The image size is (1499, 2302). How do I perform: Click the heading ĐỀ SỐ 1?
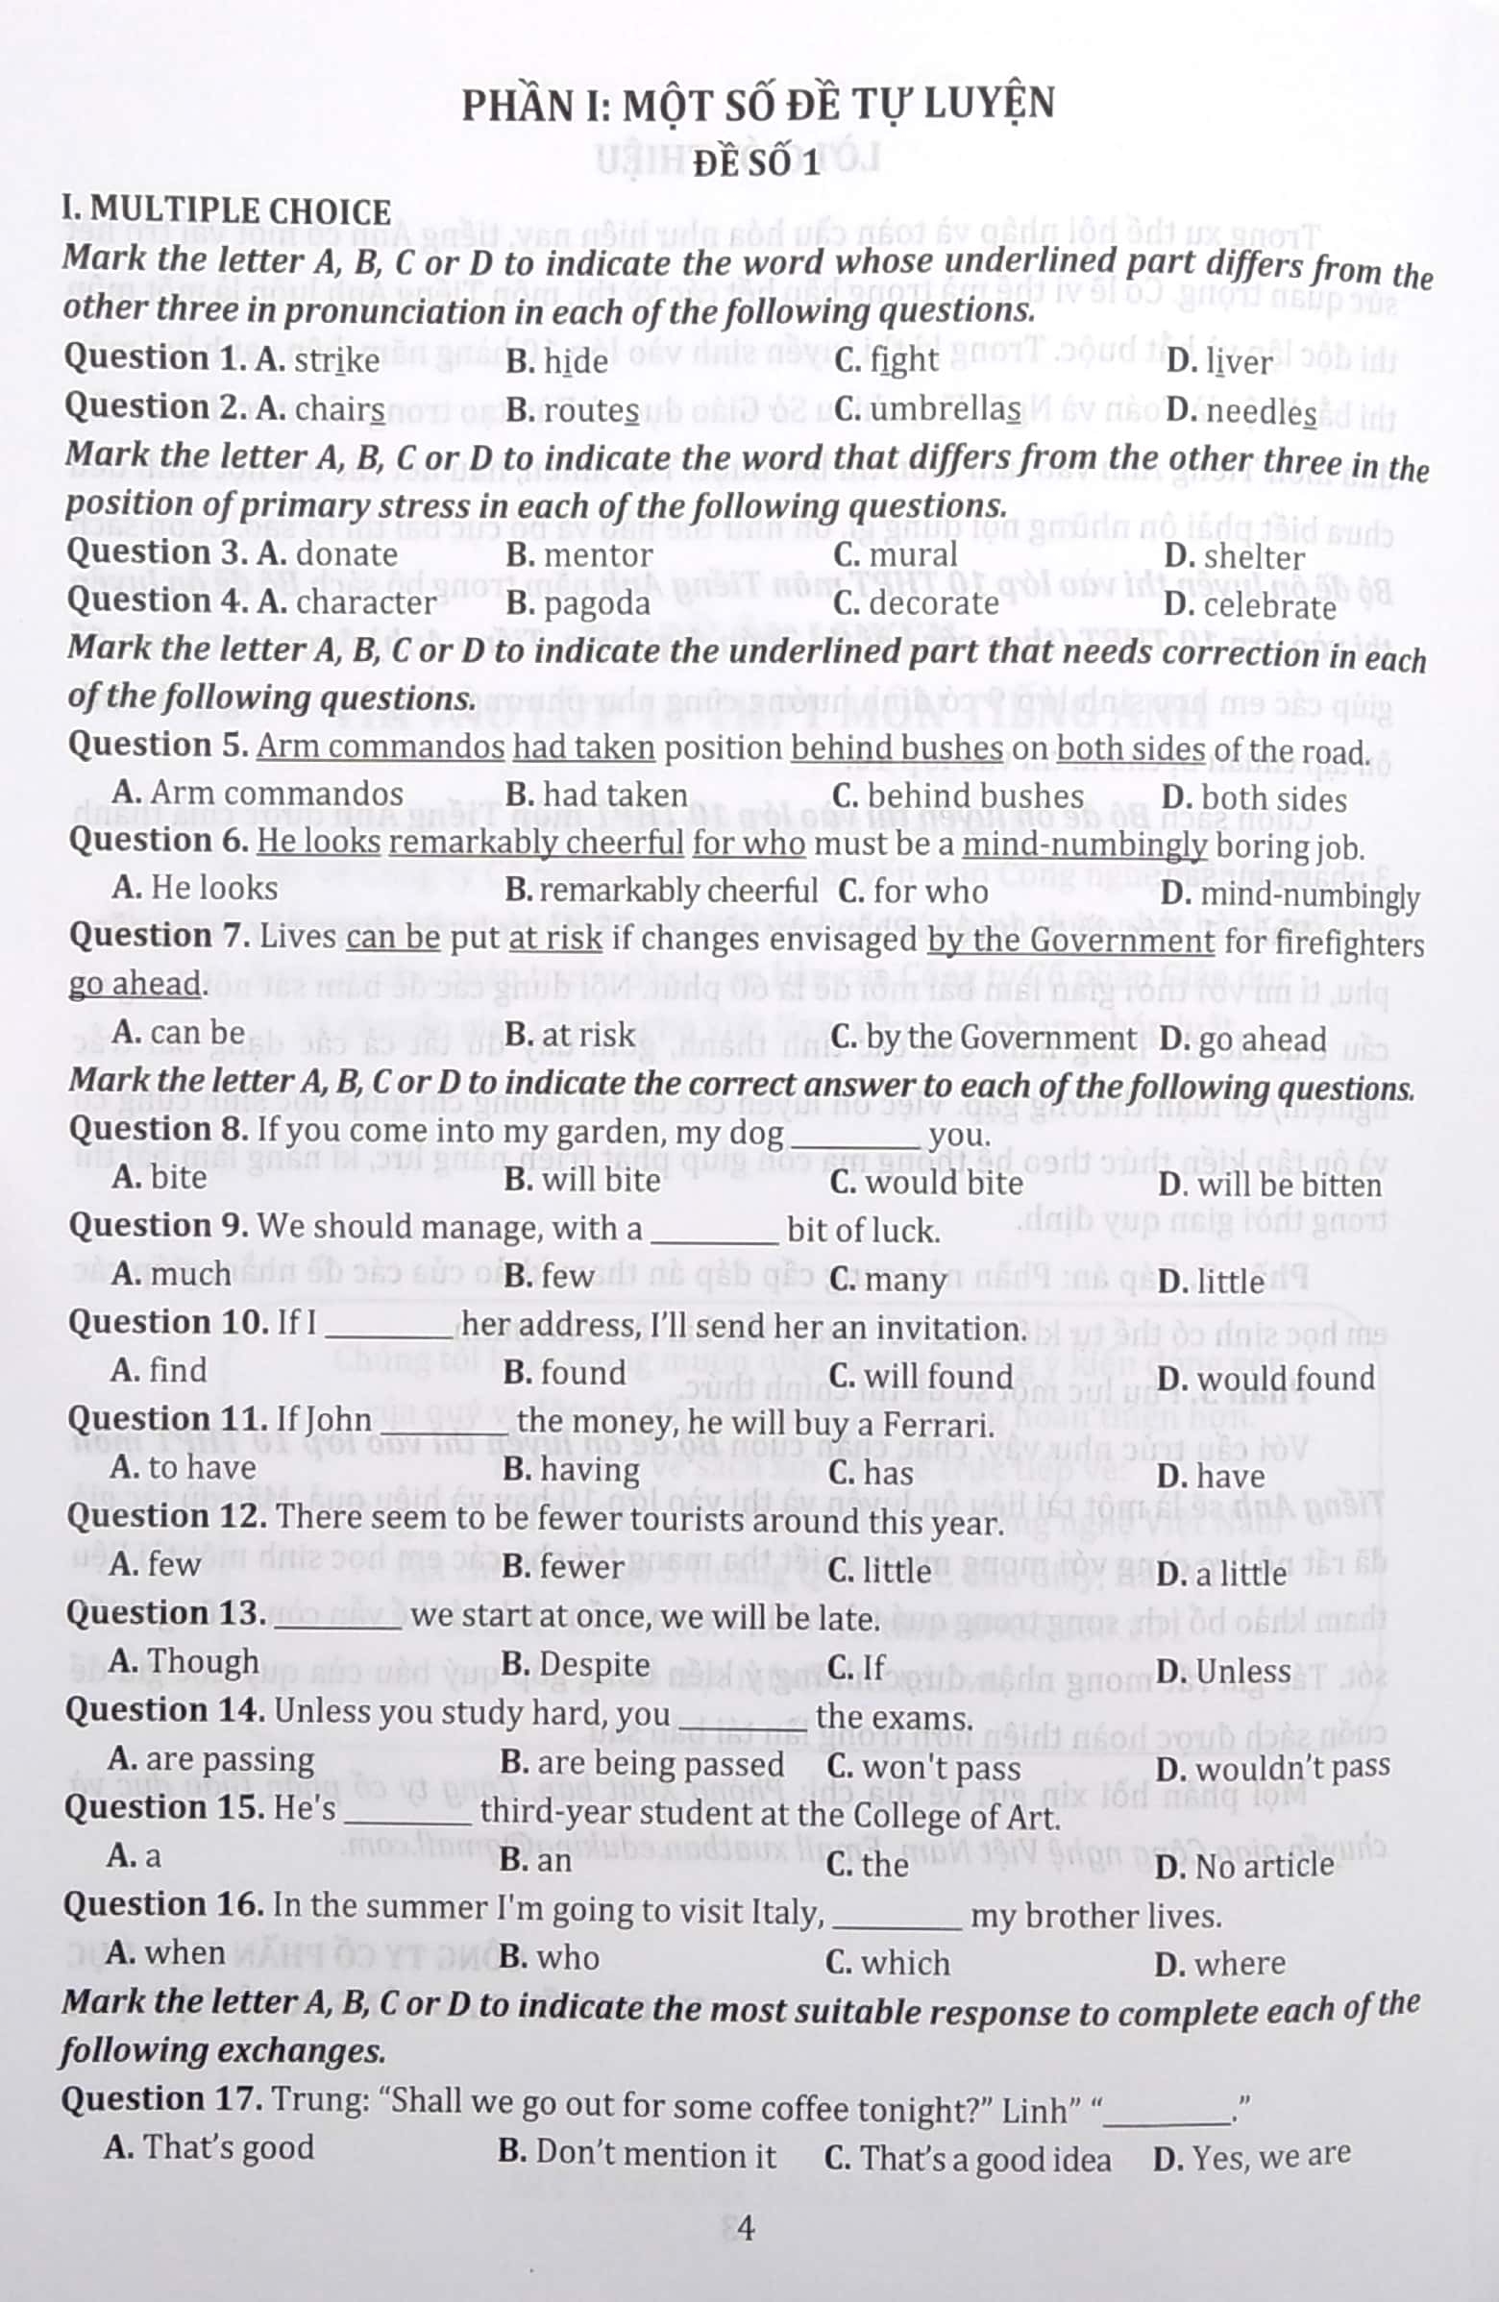pyautogui.click(x=756, y=162)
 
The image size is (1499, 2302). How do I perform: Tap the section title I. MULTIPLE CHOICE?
pyautogui.click(x=227, y=210)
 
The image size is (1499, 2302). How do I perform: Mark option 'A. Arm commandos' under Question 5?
pyautogui.click(x=258, y=795)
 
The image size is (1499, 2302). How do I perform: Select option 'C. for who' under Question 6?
pyautogui.click(x=913, y=891)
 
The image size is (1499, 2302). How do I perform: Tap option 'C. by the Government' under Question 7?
pyautogui.click(x=984, y=1038)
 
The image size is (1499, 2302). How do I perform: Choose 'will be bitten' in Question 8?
pyautogui.click(x=1289, y=1185)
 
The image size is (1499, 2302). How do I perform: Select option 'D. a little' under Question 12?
pyautogui.click(x=1221, y=1573)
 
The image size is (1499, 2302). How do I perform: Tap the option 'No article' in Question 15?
pyautogui.click(x=1264, y=1864)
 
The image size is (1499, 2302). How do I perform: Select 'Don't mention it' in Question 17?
pyautogui.click(x=654, y=2155)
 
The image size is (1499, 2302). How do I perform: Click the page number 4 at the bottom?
pyautogui.click(x=745, y=2227)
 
